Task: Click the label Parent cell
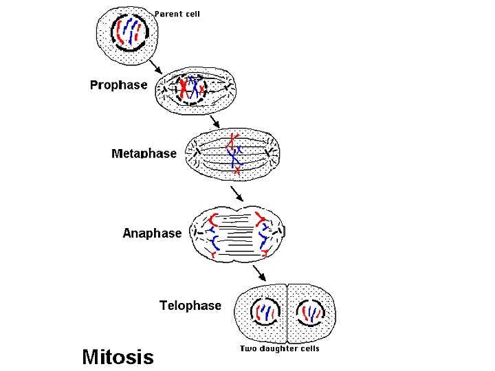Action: tap(177, 14)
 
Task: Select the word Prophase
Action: tap(119, 85)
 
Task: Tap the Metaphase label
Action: tap(144, 153)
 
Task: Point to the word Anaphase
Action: tap(152, 233)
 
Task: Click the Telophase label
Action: tap(190, 305)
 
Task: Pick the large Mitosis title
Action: tap(118, 356)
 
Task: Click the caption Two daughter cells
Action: tap(279, 349)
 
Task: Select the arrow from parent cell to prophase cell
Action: tap(157, 65)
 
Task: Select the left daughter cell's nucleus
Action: tap(263, 313)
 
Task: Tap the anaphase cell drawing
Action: tap(239, 234)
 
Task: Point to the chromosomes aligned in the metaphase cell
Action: tap(235, 153)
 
